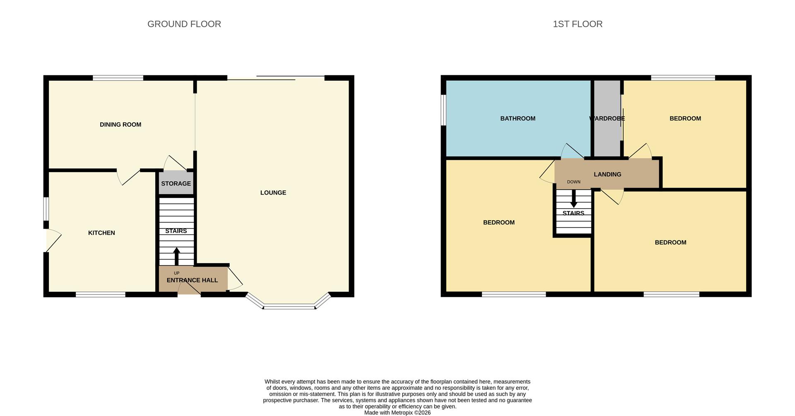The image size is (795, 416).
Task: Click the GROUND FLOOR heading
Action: pyautogui.click(x=184, y=24)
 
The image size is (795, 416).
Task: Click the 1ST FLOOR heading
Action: pyautogui.click(x=578, y=24)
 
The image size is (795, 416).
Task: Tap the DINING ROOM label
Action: pyautogui.click(x=120, y=125)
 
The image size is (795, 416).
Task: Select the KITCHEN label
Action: pyautogui.click(x=101, y=233)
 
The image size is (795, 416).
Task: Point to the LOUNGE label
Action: pyautogui.click(x=273, y=192)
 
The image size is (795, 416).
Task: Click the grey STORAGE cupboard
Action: pyautogui.click(x=176, y=183)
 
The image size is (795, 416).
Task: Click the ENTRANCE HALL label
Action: pyautogui.click(x=192, y=280)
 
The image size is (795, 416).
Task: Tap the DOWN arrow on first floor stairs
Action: pyautogui.click(x=573, y=199)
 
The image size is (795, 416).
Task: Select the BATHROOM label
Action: pyautogui.click(x=518, y=118)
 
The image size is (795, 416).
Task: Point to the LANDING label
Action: pyautogui.click(x=607, y=174)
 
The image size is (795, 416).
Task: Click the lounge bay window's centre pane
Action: pyautogui.click(x=289, y=307)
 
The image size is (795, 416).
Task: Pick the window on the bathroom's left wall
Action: pyautogui.click(x=443, y=110)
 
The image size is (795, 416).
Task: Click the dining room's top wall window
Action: pyautogui.click(x=118, y=78)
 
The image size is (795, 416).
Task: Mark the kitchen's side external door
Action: pyautogui.click(x=52, y=240)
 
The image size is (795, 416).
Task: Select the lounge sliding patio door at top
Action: pyautogui.click(x=276, y=78)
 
